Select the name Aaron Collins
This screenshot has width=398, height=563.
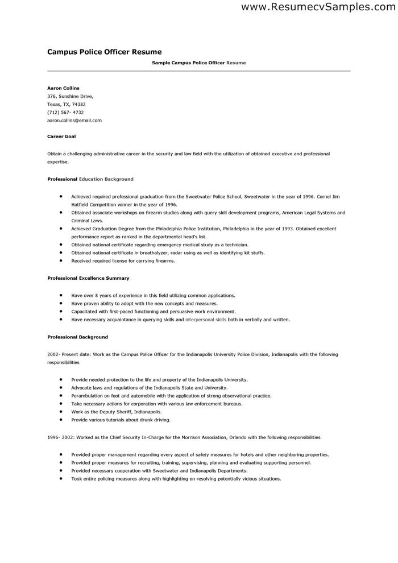pyautogui.click(x=63, y=88)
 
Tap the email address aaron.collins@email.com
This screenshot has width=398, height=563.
pyautogui.click(x=74, y=121)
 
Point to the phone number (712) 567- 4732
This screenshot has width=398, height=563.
pyautogui.click(x=65, y=113)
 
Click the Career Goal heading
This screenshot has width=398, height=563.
pyautogui.click(x=61, y=137)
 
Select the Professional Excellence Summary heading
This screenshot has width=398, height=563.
pyautogui.click(x=88, y=278)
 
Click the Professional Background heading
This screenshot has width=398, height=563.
pyautogui.click(x=77, y=337)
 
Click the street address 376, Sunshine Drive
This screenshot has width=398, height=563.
pyautogui.click(x=70, y=97)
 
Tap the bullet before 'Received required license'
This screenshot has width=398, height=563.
pyautogui.click(x=60, y=260)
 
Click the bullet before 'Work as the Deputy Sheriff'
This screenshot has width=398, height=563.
pyautogui.click(x=60, y=411)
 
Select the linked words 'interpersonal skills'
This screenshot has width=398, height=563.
pyautogui.click(x=206, y=320)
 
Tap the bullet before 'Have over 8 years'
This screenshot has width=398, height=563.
pyautogui.click(x=60, y=296)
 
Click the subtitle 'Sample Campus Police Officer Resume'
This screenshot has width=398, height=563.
pyautogui.click(x=199, y=63)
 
